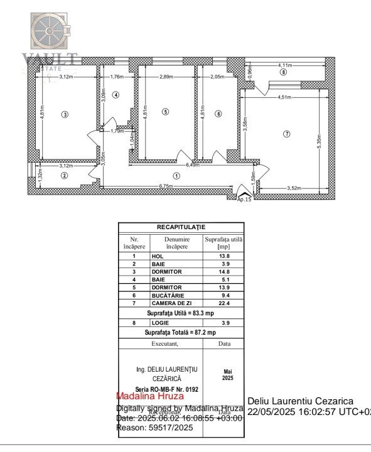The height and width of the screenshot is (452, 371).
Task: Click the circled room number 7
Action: (287, 134)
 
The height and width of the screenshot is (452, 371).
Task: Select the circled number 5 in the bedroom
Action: (165, 112)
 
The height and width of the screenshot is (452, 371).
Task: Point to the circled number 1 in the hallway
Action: (177, 176)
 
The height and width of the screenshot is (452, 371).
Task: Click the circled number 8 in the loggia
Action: (284, 72)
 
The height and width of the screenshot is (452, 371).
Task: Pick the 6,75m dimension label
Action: (165, 186)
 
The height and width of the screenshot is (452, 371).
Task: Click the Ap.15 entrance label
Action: (244, 199)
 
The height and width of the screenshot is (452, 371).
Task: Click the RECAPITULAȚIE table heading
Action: (181, 227)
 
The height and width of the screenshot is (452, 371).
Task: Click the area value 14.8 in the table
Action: (223, 272)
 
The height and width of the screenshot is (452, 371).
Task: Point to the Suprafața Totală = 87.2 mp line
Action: (181, 332)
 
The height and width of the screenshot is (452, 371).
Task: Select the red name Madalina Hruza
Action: (150, 396)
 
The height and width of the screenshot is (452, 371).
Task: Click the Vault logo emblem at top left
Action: (51, 32)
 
